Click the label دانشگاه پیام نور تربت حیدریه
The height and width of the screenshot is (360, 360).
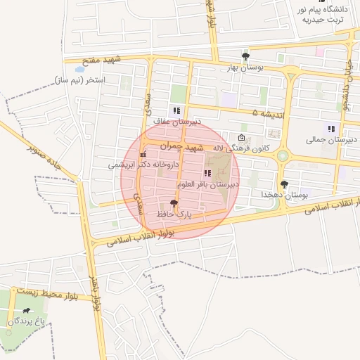click(323, 14)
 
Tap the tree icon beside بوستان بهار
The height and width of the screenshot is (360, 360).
click(245, 56)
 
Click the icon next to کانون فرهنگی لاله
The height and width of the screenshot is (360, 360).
click(242, 138)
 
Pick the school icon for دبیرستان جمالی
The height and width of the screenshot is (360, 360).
click(330, 129)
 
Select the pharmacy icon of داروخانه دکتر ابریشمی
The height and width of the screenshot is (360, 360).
click(144, 155)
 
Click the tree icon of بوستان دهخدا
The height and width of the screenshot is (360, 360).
click(284, 184)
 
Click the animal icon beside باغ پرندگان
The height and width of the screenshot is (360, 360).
click(26, 311)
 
